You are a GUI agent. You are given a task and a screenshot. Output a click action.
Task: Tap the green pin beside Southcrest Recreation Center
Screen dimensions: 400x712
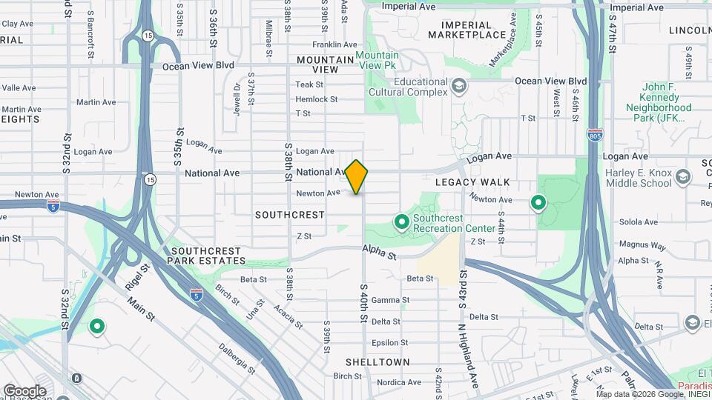point(401,221)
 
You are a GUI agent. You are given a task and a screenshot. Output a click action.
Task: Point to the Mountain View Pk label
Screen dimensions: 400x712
point(376,61)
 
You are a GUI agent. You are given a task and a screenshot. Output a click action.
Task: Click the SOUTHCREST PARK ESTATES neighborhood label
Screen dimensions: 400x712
point(206,256)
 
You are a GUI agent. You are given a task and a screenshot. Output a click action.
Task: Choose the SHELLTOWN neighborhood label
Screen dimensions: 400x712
point(377,362)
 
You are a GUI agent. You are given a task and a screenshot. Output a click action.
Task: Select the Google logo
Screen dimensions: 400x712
point(24,390)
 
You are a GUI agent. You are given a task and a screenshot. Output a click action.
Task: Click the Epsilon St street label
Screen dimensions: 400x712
point(386,343)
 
